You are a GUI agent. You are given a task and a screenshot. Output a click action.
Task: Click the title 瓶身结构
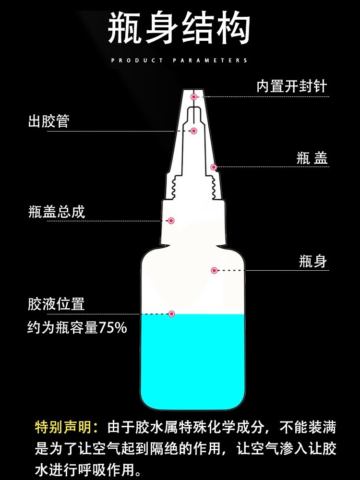pyautogui.click(x=179, y=28)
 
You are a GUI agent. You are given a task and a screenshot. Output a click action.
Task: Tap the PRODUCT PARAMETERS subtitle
pyautogui.click(x=180, y=60)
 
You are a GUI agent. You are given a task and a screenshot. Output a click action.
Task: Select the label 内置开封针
pyautogui.click(x=292, y=86)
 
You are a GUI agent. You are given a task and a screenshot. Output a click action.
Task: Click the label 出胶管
pyautogui.click(x=48, y=121)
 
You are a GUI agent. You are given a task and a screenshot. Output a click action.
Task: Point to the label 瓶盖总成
pyautogui.click(x=56, y=212)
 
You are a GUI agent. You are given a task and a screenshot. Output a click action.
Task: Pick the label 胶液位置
pyautogui.click(x=56, y=304)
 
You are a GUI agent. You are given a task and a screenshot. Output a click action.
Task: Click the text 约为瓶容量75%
pyautogui.click(x=77, y=327)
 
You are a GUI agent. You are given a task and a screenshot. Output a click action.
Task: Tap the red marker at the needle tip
pyautogui.click(x=193, y=97)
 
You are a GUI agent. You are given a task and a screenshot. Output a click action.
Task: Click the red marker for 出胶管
pyautogui.click(x=193, y=131)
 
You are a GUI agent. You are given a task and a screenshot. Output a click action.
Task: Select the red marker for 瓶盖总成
pyautogui.click(x=171, y=221)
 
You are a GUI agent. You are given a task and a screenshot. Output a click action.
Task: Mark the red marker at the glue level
pyautogui.click(x=172, y=314)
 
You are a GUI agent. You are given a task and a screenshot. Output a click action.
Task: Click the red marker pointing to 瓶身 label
pyautogui.click(x=214, y=270)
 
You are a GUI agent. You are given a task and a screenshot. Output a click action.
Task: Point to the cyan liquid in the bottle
pyautogui.click(x=192, y=361)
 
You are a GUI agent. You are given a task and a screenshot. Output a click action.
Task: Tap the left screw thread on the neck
pyautogui.click(x=173, y=187)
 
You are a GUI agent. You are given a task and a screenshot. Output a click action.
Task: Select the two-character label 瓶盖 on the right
pyautogui.click(x=312, y=158)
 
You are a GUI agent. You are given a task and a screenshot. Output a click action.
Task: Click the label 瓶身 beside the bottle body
pyautogui.click(x=313, y=262)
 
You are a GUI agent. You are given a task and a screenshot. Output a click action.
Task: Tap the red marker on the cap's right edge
pyautogui.click(x=214, y=167)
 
